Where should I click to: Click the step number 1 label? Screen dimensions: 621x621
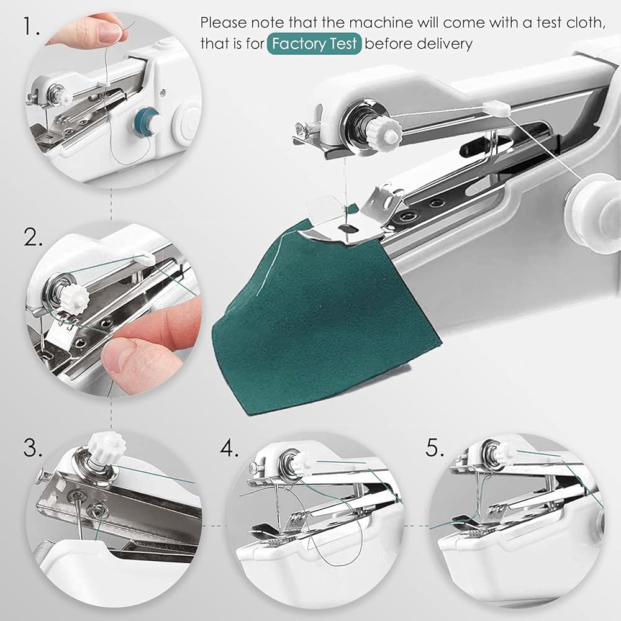[31, 27]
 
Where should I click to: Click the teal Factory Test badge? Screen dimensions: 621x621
[314, 43]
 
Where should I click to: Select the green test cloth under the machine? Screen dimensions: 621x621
[321, 317]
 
